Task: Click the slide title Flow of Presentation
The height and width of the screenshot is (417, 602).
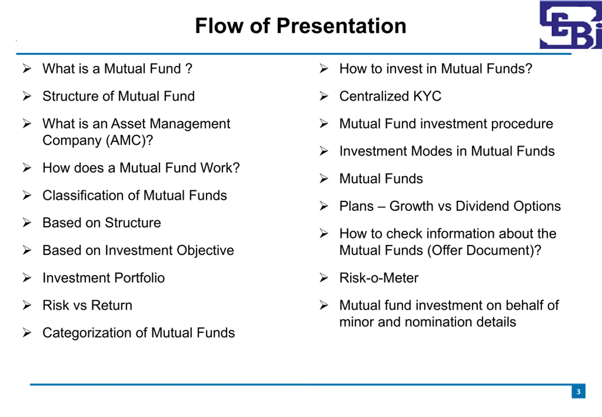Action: [301, 26]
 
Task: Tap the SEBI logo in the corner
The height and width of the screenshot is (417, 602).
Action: [571, 24]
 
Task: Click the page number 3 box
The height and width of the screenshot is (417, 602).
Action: [578, 391]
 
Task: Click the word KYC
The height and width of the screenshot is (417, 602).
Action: [427, 96]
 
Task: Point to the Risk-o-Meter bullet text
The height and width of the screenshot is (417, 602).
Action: [379, 278]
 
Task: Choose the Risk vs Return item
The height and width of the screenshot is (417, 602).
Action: [87, 305]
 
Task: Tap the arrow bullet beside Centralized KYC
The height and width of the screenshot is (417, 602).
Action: [324, 96]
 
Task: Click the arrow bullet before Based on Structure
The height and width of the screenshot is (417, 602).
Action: [27, 223]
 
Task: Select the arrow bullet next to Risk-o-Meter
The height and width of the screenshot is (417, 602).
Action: [324, 278]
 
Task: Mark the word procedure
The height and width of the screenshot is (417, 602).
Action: [522, 124]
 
